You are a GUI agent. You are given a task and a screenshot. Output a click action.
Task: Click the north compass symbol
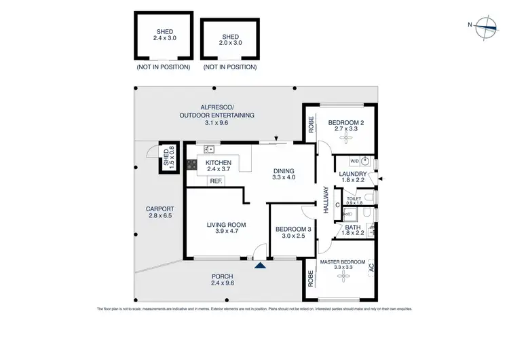[487, 25]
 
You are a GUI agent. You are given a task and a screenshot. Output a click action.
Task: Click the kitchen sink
[210, 149]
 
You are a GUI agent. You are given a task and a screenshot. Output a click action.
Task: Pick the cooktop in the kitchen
[191, 163]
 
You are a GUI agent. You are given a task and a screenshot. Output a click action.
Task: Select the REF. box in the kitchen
[216, 181]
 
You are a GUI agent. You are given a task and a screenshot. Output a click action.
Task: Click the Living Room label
[227, 228]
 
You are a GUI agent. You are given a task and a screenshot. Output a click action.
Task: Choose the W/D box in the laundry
[354, 162]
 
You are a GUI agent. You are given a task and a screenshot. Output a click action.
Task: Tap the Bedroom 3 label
[294, 232]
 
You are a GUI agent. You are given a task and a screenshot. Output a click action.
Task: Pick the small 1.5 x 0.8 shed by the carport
[167, 158]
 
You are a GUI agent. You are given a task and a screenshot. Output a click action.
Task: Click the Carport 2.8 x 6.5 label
[160, 213]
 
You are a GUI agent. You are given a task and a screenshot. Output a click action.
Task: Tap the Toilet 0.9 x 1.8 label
[354, 200]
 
